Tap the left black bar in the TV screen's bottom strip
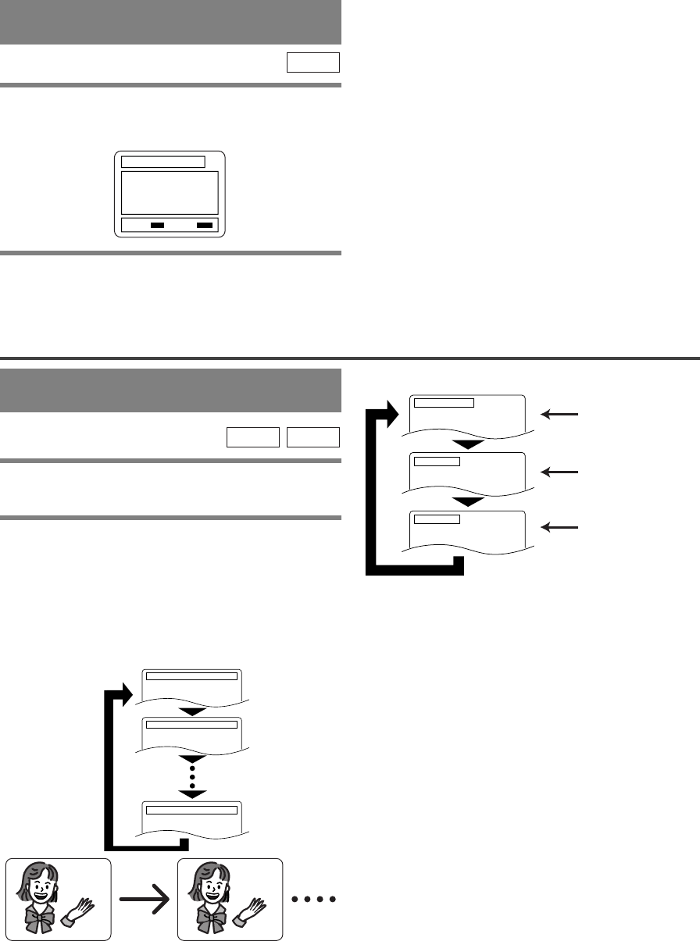click(157, 225)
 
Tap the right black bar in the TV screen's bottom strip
click(205, 225)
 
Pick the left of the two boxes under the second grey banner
click(253, 437)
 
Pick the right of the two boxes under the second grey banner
click(313, 437)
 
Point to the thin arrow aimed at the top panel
click(563, 415)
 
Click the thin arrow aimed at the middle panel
click(563, 472)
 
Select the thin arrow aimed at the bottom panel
click(563, 529)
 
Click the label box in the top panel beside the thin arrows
click(444, 403)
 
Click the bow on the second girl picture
click(210, 918)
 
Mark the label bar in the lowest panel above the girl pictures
click(191, 810)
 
